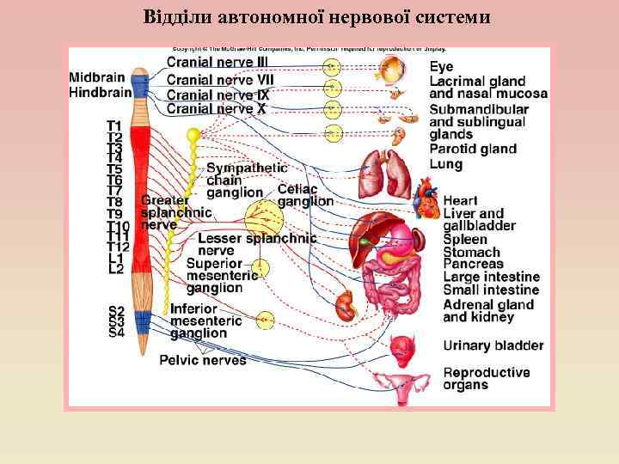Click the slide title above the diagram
(317, 16)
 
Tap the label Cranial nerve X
(216, 108)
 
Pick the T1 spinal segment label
(113, 125)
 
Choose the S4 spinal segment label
(116, 333)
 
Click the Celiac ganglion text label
(305, 195)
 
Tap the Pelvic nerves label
(203, 360)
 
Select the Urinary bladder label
(493, 345)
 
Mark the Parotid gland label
(473, 150)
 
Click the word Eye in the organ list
(442, 66)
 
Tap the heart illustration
(427, 199)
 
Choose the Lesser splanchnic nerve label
(257, 244)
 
